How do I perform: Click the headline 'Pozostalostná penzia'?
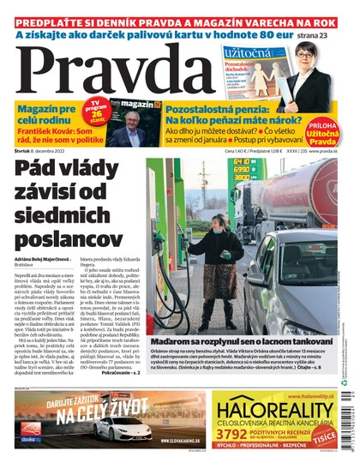pos(219,108)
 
